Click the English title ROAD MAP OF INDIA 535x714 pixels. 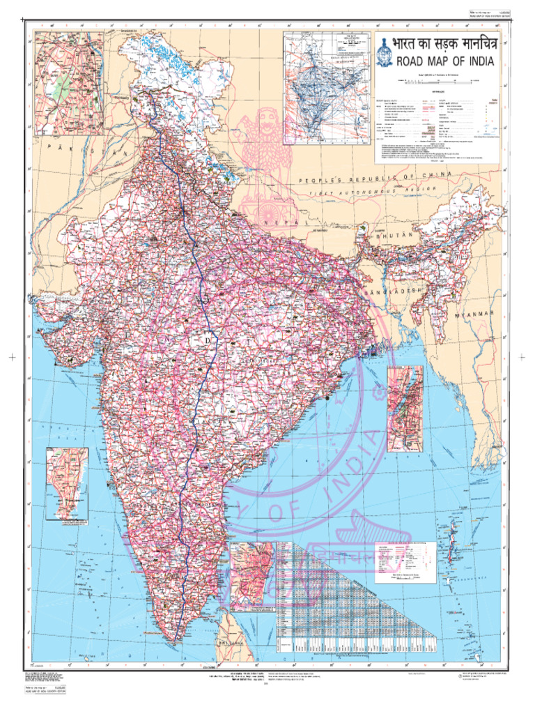coord(445,61)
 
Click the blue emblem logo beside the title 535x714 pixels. coord(385,52)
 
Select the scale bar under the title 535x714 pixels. coord(437,82)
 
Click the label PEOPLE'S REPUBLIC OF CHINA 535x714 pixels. coord(376,178)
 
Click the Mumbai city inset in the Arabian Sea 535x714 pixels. coord(67,483)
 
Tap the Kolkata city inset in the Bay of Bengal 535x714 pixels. coord(405,409)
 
